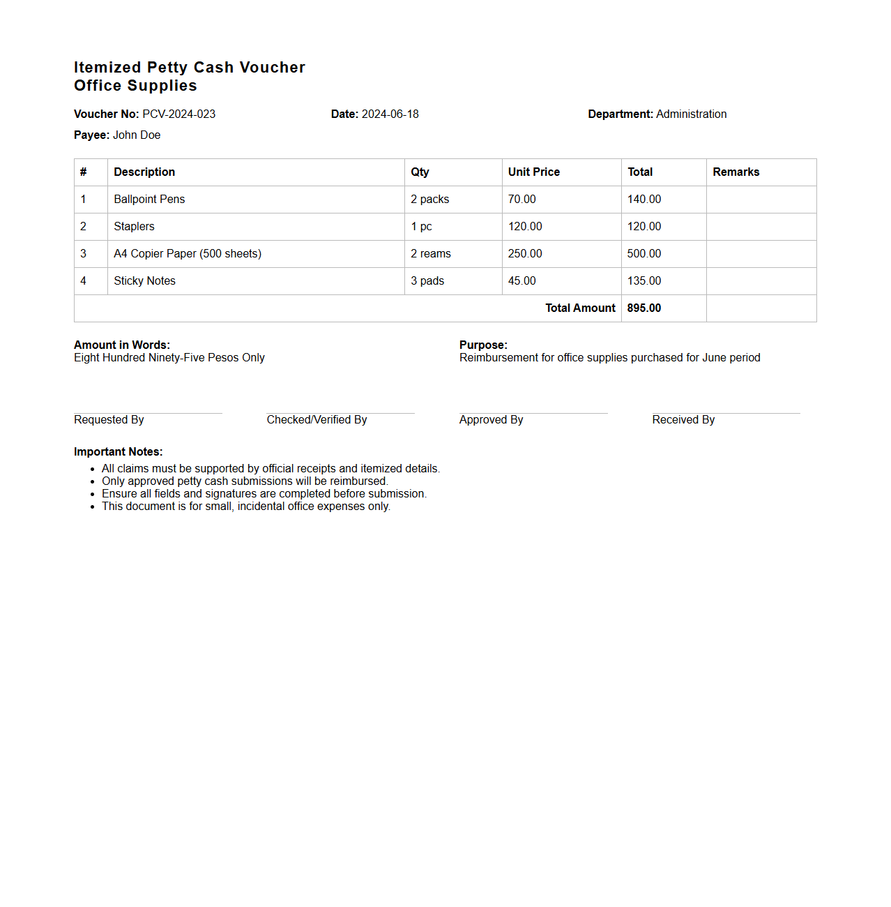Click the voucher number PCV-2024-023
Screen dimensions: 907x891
(179, 114)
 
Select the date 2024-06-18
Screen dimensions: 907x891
(390, 114)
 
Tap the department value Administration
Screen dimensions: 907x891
(691, 114)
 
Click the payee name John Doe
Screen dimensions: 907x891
(137, 135)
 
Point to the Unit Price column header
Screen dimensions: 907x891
(533, 172)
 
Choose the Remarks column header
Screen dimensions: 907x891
(736, 172)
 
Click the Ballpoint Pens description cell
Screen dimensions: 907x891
(149, 200)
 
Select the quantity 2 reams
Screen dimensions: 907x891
(430, 254)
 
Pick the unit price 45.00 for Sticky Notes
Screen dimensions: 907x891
(521, 281)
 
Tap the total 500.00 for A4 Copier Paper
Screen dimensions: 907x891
(643, 254)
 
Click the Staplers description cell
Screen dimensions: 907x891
(134, 227)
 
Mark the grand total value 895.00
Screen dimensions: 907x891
(643, 308)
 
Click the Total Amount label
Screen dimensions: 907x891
(580, 308)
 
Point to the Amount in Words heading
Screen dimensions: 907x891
(122, 345)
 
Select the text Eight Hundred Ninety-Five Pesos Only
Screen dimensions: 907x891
(169, 358)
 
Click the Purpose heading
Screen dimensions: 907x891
(483, 345)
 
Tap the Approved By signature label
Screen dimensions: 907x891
(491, 420)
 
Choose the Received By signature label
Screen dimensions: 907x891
(683, 420)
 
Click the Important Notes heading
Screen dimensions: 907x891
(118, 452)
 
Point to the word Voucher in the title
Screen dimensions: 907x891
(272, 68)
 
